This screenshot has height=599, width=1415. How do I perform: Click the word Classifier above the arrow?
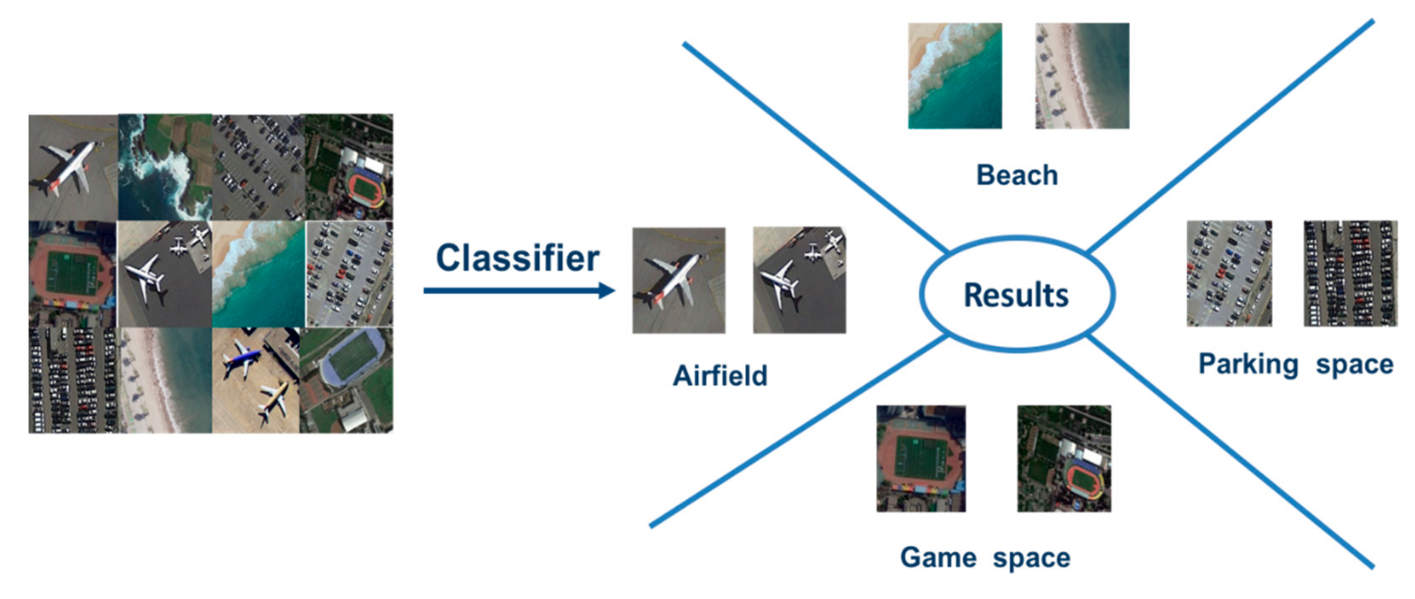tap(517, 258)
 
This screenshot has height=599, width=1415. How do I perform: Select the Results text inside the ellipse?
tap(1016, 295)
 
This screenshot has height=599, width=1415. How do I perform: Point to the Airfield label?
tap(720, 376)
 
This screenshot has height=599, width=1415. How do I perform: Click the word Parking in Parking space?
tap(1248, 364)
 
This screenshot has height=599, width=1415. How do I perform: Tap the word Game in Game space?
tap(938, 557)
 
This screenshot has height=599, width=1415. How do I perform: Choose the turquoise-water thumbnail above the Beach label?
tap(955, 76)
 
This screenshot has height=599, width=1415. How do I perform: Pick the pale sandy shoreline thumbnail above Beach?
tap(1082, 76)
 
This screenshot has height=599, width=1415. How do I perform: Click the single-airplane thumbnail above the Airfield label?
tap(678, 280)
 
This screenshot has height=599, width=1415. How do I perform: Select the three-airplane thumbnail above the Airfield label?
tap(799, 280)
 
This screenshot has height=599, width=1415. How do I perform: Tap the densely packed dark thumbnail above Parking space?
tap(1350, 274)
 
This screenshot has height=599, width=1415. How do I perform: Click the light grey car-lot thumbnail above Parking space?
tap(1230, 274)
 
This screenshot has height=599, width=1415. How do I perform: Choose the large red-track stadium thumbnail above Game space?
tap(921, 459)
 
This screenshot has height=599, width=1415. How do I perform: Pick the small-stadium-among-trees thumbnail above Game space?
tap(1064, 459)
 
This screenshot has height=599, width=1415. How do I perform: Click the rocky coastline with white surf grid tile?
tap(165, 167)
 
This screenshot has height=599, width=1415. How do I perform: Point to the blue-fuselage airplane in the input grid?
tap(242, 360)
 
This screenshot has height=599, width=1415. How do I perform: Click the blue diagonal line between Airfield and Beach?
tap(813, 146)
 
